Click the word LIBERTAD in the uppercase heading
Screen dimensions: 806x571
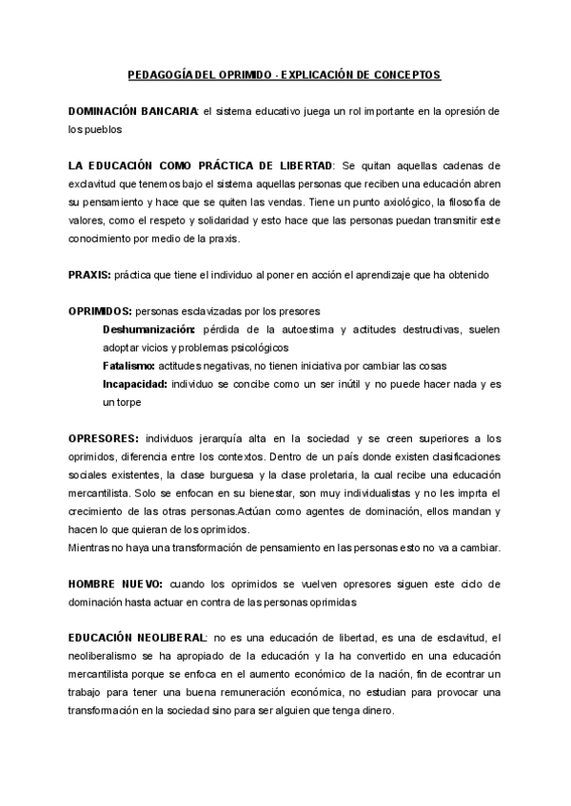(300, 165)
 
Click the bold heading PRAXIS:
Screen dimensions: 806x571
(89, 275)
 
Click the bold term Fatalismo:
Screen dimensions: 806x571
(129, 366)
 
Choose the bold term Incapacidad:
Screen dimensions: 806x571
(135, 384)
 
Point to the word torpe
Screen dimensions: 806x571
(127, 402)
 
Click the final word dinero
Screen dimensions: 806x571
(390, 710)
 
